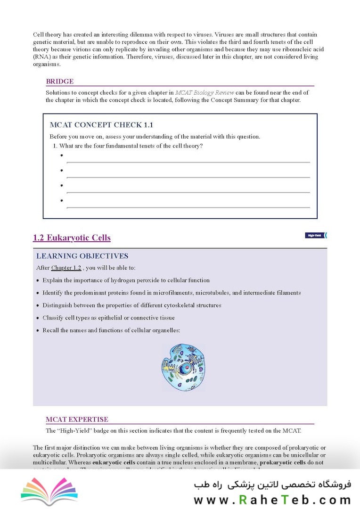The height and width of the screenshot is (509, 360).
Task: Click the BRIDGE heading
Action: coord(59,82)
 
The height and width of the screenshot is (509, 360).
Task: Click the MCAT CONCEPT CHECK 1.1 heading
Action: coord(101,125)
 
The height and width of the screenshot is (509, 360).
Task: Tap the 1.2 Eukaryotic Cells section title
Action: coord(72,238)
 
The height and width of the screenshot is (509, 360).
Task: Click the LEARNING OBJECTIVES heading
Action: coord(82,256)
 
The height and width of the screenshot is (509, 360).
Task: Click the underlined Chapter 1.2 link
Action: coord(66,268)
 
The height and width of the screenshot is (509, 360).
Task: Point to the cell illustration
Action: coord(183,368)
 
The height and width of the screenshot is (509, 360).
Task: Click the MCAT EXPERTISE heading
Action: coord(77,419)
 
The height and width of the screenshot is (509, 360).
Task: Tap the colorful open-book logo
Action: coord(49,490)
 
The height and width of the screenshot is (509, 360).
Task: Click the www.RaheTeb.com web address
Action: coord(272,500)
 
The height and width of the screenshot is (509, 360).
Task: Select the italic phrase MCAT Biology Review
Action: coord(204,93)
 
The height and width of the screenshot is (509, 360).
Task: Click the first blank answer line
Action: coord(188,162)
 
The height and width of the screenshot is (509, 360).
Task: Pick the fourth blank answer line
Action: coord(188,207)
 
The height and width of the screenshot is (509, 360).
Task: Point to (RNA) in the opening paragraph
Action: coord(41,57)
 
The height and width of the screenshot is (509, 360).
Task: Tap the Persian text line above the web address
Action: coord(272,485)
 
